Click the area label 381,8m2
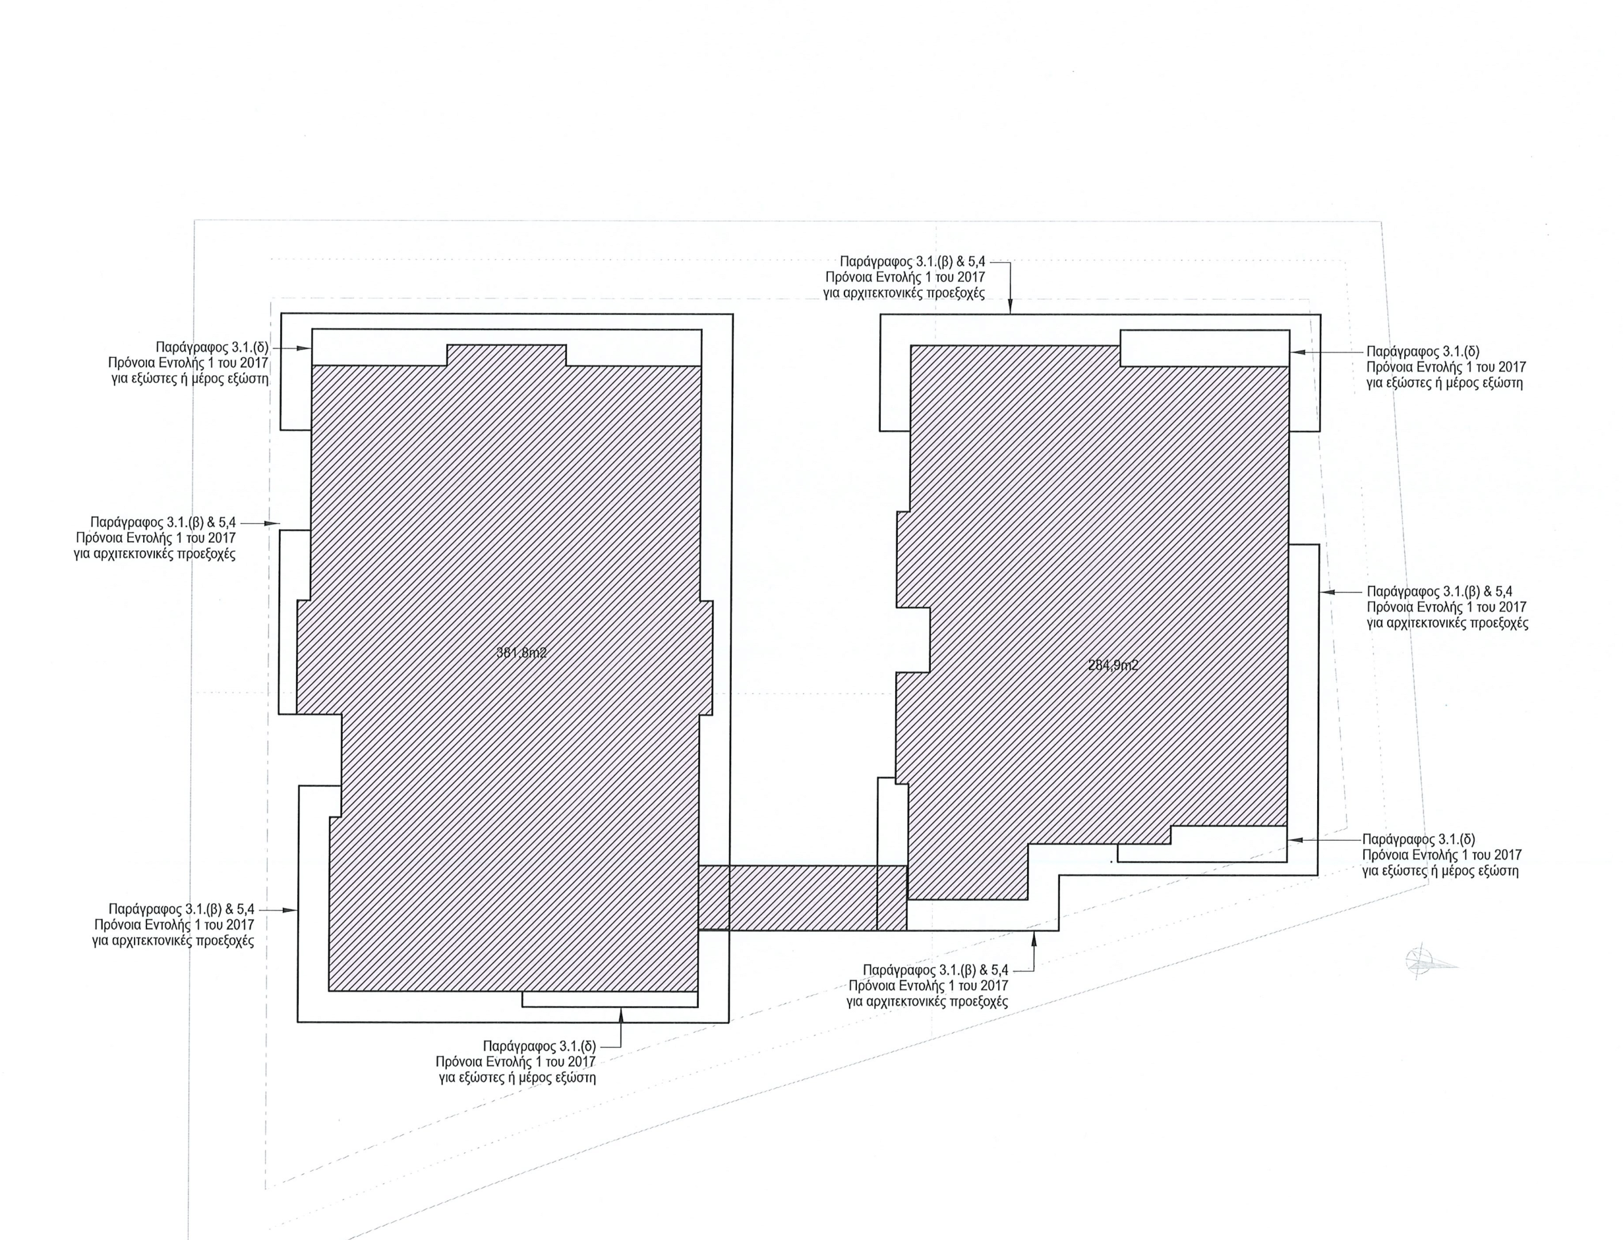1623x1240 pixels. [521, 652]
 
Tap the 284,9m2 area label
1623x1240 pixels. [1113, 665]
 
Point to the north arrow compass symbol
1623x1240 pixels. [1431, 962]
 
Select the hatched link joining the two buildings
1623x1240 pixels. [803, 897]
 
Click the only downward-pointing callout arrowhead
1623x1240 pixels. [1010, 308]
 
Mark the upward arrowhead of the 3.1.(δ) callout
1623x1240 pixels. [620, 1015]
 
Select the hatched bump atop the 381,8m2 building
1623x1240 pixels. [506, 355]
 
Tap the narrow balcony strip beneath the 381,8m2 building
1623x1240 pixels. [610, 999]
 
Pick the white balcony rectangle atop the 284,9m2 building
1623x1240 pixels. [1205, 348]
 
